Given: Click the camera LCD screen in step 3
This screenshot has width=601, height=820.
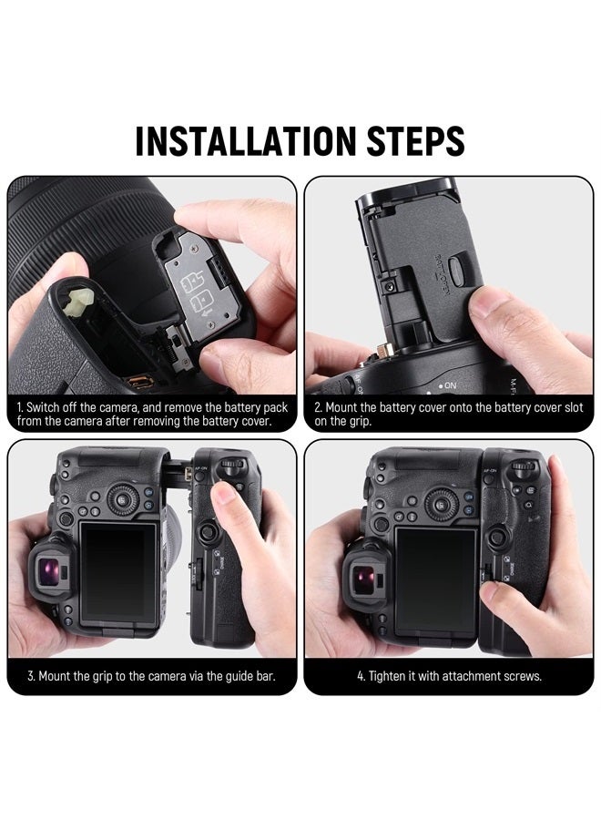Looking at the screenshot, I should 118,570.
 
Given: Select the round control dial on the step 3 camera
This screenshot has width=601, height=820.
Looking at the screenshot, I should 120,499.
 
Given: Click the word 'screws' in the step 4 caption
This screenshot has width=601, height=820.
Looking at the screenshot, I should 523,677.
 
